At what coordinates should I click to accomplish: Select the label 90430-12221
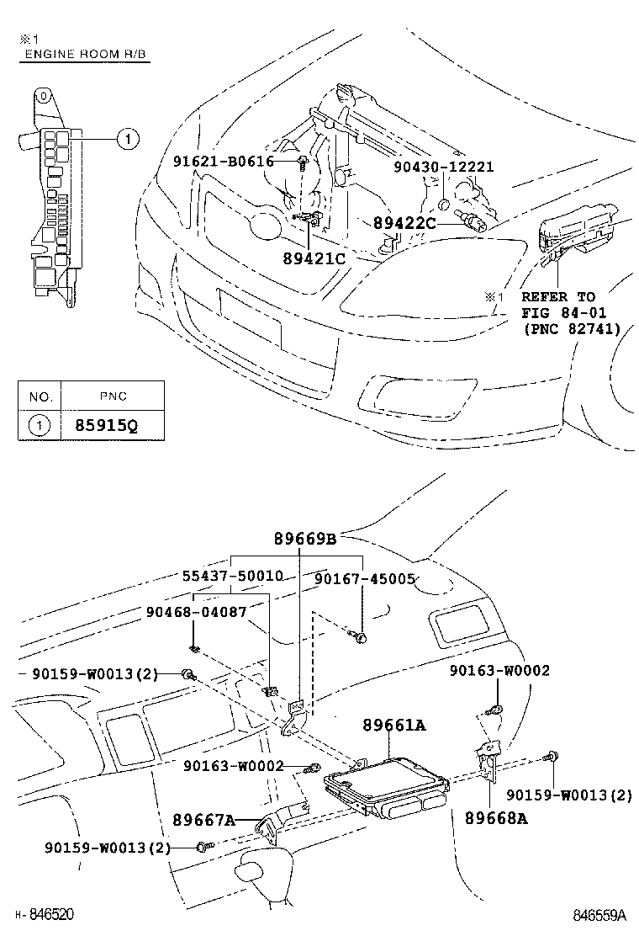pos(444,167)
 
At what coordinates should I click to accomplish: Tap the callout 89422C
pos(405,223)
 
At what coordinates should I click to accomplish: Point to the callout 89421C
pos(314,258)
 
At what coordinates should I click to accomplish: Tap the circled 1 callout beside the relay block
pos(124,139)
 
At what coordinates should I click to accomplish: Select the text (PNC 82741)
pos(572,329)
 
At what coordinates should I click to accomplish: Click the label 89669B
pos(304,539)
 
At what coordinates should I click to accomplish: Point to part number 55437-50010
pos(233,577)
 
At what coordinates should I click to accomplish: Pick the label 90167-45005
pos(365,579)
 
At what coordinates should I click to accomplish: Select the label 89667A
pos(204,819)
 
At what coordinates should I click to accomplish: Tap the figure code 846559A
pos(600,915)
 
